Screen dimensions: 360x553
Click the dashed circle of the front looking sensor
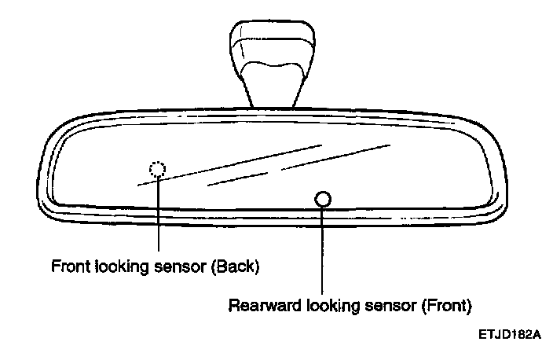pos(158,168)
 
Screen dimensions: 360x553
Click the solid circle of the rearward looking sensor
pos(322,199)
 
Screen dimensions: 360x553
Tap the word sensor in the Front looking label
pos(179,266)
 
